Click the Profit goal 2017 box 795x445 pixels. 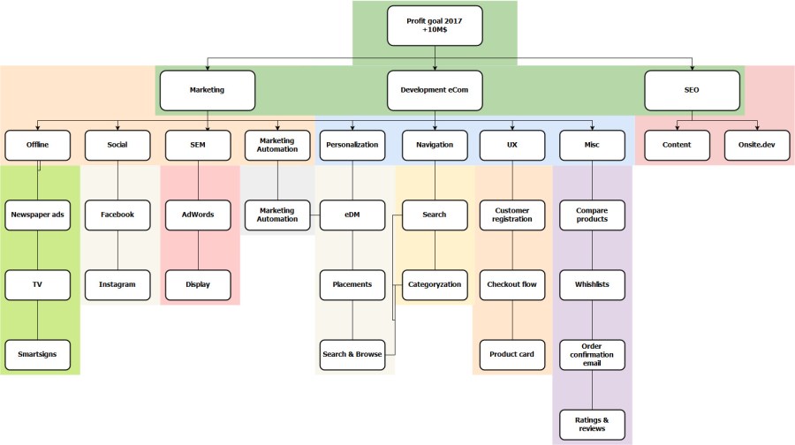click(x=435, y=25)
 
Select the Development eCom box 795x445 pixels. click(x=435, y=90)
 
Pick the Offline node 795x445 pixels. click(x=37, y=145)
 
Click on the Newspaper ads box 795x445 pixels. click(x=37, y=215)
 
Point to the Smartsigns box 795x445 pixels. click(x=37, y=354)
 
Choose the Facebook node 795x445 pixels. click(x=117, y=215)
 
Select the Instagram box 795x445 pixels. click(x=117, y=284)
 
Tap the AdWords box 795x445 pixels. click(x=198, y=215)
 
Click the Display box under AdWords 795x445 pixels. click(x=198, y=284)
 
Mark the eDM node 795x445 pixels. click(x=352, y=215)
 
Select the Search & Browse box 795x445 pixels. click(x=352, y=354)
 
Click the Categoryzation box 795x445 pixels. click(x=434, y=284)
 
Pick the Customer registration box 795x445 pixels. click(x=512, y=215)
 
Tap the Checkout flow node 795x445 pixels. click(x=512, y=284)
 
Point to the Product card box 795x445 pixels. click(x=512, y=354)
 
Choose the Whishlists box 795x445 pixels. click(x=592, y=284)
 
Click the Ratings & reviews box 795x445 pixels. click(x=592, y=424)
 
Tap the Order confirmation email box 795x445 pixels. click(x=592, y=354)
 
